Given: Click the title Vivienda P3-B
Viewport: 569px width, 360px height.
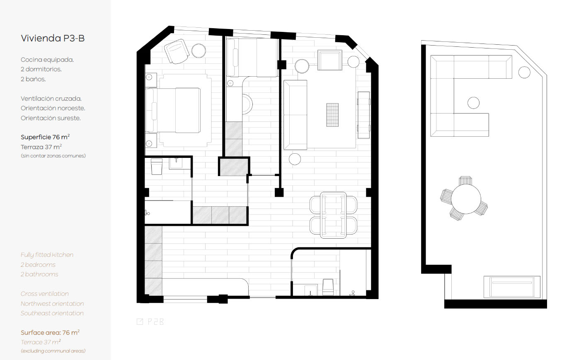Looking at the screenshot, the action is pos(53,39).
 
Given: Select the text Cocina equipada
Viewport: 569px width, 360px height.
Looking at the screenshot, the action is pos(47,60).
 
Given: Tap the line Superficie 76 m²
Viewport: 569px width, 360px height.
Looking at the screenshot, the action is pos(45,137).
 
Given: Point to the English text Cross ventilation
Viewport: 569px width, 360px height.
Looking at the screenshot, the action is pos(45,294).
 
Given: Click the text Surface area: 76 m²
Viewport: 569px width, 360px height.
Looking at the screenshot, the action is pos(50,332).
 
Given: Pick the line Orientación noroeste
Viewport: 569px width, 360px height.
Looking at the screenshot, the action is pos(53,108).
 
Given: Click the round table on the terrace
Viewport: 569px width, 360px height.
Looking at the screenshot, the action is pos(466,199).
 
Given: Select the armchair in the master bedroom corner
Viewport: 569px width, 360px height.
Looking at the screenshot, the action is pos(177,51).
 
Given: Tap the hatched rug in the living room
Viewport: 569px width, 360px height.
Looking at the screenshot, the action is pos(332,115).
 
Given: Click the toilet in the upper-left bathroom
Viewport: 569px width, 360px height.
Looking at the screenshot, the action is pos(157,167).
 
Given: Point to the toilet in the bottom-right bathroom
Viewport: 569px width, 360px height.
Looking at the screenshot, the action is pos(328,287).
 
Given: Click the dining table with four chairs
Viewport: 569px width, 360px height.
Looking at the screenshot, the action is pos(333,215).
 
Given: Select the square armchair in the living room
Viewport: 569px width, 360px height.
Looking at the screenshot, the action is pos(330,60).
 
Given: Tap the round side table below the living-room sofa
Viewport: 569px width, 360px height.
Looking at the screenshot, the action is pos(295,159).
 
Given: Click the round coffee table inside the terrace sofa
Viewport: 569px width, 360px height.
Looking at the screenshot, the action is pos(474,103).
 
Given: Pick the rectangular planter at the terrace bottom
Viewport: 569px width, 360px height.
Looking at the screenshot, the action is pos(512,287).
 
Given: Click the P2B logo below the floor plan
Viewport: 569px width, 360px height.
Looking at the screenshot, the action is pos(150,321).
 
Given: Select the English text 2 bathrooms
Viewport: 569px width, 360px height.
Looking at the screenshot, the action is pos(39,274).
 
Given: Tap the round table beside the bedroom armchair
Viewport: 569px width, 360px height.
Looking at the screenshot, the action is pos(199,51).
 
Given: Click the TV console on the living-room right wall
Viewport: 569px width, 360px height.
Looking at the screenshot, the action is pos(364,115).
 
